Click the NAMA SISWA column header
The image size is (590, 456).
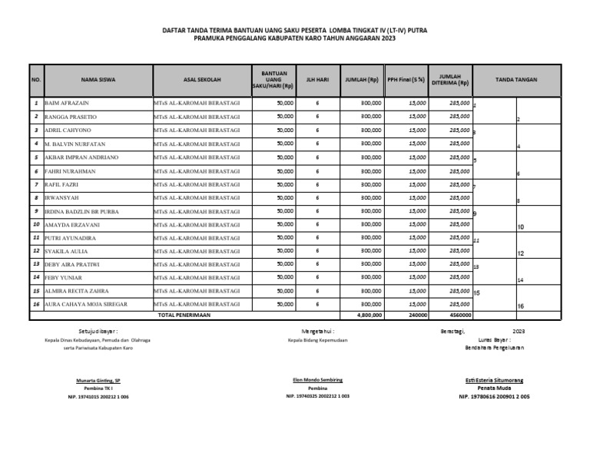coord(98,80)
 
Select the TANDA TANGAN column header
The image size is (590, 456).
coord(516,80)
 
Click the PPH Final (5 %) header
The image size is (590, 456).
coord(406,80)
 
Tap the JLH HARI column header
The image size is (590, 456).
coord(317,80)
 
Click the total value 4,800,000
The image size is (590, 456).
coord(370,315)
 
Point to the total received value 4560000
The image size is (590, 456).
coord(459,315)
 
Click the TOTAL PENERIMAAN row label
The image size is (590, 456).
coord(185,315)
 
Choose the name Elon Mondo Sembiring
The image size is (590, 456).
coord(317,380)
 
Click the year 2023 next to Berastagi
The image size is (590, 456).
coord(519,330)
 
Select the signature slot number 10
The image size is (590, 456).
coord(520,228)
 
